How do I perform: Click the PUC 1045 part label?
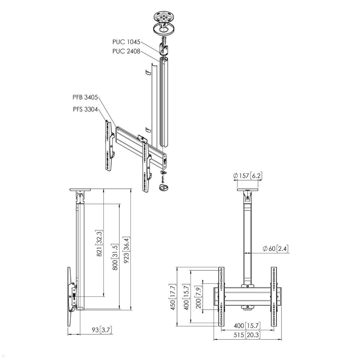point(126,42)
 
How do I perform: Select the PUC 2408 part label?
point(126,51)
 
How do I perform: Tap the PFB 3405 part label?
point(85,97)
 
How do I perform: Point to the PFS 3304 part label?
point(85,109)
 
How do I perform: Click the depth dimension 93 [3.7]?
point(102,330)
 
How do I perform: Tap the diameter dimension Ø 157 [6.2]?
point(247,175)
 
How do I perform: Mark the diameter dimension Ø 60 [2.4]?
point(275,249)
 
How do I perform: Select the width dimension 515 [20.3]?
point(247,335)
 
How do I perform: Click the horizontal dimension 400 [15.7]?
point(247,325)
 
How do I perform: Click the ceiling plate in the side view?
point(80,190)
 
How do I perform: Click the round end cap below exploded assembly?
point(164,188)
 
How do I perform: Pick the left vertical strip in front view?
point(221,296)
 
